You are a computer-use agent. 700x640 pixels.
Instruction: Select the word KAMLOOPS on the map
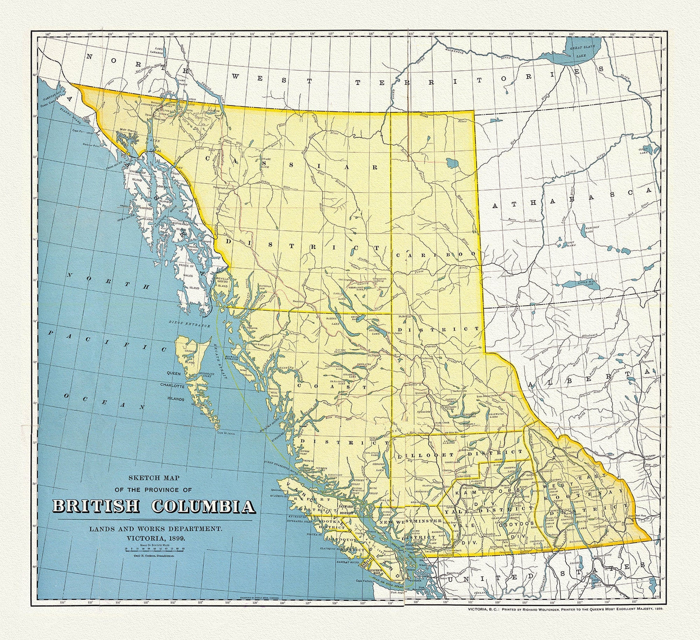487,491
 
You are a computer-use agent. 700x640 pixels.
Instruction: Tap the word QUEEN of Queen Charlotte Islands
175,373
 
